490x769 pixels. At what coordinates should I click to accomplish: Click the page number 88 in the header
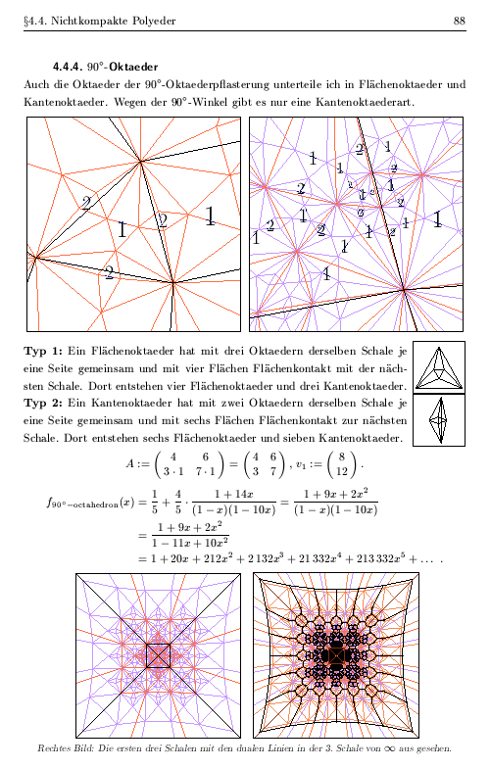click(x=460, y=21)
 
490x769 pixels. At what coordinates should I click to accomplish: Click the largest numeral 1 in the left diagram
click(x=211, y=216)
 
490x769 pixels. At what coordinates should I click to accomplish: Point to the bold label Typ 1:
click(x=43, y=350)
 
